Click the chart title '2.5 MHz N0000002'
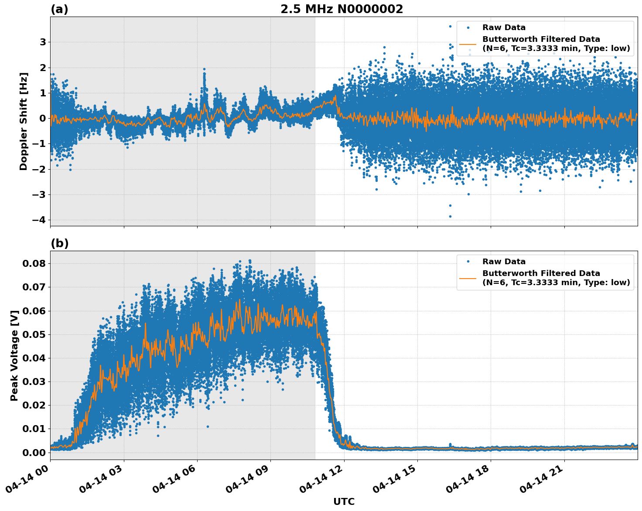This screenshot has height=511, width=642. [341, 9]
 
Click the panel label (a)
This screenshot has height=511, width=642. [59, 9]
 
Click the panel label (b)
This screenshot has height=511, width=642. [59, 243]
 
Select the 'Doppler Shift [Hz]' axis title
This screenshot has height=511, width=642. [24, 121]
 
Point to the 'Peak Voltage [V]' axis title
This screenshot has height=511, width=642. [14, 355]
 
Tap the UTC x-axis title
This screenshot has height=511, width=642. [344, 501]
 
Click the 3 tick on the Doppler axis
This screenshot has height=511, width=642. [43, 42]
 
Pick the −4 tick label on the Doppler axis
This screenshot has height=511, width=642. [39, 220]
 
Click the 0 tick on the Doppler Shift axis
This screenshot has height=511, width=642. [43, 118]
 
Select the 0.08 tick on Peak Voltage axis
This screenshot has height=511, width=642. [34, 263]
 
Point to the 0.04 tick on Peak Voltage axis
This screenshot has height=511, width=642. [34, 358]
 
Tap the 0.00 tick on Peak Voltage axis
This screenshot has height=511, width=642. [34, 452]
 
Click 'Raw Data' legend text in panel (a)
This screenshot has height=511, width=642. [504, 27]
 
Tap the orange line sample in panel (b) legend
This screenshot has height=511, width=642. [468, 278]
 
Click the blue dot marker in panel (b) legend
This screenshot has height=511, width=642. [468, 262]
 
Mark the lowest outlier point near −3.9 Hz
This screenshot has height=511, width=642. [450, 216]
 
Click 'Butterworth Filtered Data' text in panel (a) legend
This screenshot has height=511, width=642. [541, 39]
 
